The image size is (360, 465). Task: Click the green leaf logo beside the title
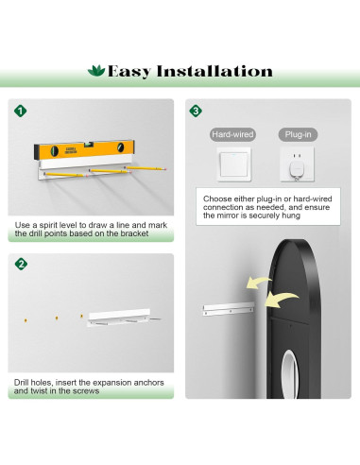pos(96,71)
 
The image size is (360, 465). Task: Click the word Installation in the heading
pos(214,71)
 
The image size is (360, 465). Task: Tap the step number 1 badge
pos(21,111)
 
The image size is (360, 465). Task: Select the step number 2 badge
pos(21,264)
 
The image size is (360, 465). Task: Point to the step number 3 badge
pos(196,111)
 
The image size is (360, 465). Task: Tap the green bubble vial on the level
pos(89,145)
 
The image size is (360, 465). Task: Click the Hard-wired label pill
pos(232,134)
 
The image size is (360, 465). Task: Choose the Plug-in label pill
pos(298,134)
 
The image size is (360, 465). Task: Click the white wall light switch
pos(233,164)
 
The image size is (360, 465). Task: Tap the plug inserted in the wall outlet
pos(297,170)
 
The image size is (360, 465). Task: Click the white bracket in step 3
pos(229,308)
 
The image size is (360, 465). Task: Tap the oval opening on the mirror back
pos(289,374)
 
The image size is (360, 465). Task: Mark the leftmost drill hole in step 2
pos(26,320)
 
